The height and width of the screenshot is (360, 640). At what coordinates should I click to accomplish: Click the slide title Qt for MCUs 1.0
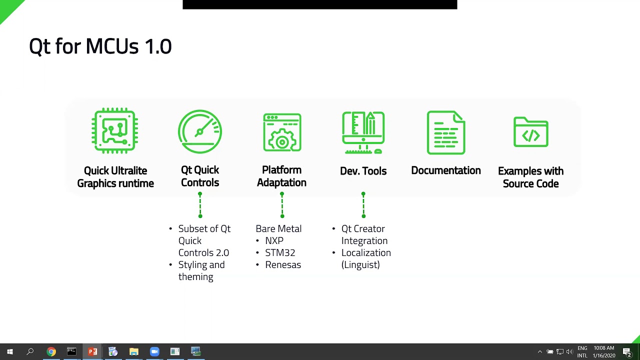coord(100,46)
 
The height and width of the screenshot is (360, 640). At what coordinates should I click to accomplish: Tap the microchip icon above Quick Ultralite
coord(115,131)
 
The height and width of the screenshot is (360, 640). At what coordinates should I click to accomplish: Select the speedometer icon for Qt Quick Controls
coord(200,131)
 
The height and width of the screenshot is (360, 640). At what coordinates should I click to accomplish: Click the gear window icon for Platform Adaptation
coord(282,132)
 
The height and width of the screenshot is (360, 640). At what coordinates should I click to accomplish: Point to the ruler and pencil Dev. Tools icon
coord(363,132)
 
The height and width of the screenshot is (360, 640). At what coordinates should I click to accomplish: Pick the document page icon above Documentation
coord(446,132)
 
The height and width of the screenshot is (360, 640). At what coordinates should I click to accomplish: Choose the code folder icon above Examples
coord(530,132)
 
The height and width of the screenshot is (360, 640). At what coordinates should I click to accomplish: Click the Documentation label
coord(446,170)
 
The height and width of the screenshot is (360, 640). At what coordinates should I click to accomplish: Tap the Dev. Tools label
coord(363,171)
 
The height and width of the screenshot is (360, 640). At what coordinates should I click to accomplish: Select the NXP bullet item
coord(274,240)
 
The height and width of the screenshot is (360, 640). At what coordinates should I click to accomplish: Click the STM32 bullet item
coord(280,252)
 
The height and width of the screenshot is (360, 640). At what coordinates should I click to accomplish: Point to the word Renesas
coord(283,265)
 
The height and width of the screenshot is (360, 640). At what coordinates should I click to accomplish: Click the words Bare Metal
coord(278,228)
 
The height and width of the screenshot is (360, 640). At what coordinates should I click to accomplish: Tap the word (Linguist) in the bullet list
coord(360,265)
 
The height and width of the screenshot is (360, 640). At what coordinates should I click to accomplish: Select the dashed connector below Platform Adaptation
coord(282,205)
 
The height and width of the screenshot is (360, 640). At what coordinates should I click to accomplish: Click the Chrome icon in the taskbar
coord(51,351)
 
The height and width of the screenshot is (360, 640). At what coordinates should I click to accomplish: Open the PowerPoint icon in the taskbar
coord(92,351)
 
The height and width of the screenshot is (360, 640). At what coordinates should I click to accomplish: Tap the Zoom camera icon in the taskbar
coord(154,351)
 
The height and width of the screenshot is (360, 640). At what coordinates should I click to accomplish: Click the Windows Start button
coord(9,351)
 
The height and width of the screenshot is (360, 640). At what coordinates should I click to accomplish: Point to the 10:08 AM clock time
coord(603,348)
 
